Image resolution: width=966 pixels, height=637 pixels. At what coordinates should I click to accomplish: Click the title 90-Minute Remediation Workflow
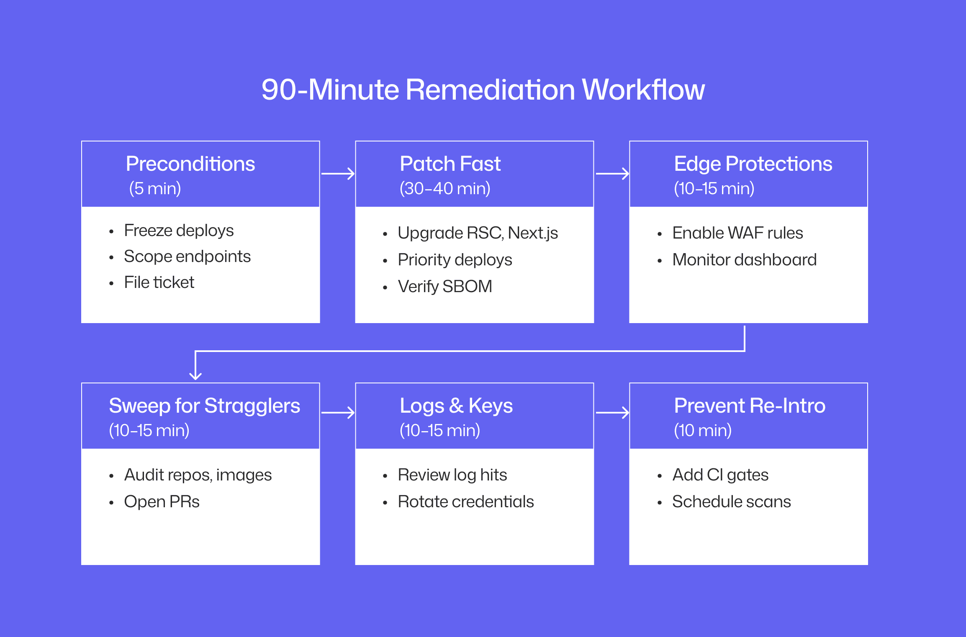(483, 90)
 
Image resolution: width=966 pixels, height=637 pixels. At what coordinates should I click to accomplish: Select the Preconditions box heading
(190, 164)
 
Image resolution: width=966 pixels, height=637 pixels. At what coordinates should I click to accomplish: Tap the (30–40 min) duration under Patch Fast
(444, 188)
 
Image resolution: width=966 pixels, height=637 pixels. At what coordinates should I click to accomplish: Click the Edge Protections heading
(753, 164)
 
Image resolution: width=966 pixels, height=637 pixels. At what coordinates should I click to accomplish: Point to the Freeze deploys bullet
(179, 231)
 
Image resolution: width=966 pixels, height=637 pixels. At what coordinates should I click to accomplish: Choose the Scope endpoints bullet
(187, 257)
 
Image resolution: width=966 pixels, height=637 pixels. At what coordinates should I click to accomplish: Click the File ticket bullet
(159, 283)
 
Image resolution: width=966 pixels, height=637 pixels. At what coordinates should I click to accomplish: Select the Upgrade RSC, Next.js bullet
(478, 233)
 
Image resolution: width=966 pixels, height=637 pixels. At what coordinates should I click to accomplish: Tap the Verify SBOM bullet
(444, 287)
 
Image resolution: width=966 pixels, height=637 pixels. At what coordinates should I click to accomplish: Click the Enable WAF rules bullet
(737, 233)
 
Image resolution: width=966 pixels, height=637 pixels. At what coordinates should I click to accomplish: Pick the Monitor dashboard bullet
(744, 260)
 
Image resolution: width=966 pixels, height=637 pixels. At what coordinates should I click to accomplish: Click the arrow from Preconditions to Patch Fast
(338, 174)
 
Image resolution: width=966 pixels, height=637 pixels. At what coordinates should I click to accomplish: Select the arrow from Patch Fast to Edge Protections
(612, 174)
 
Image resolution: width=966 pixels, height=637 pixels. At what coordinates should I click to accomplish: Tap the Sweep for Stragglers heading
(204, 406)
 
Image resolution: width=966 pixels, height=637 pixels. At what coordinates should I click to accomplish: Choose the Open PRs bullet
(162, 502)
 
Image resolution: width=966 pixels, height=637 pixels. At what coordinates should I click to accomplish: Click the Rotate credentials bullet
(465, 502)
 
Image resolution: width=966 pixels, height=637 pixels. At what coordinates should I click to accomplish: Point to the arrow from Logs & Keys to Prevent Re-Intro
(612, 413)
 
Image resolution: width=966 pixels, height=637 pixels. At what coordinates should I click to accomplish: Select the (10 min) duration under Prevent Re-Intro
(702, 430)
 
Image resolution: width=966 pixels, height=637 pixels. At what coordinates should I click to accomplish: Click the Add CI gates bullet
(720, 475)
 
